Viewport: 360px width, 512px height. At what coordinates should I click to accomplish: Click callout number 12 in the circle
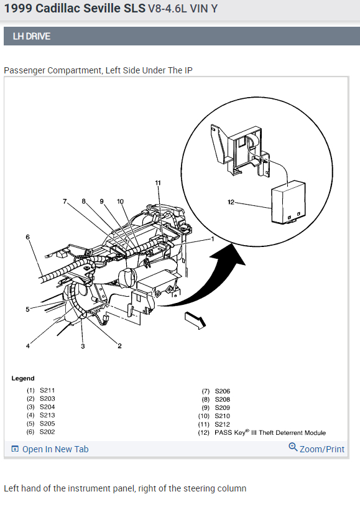(231, 202)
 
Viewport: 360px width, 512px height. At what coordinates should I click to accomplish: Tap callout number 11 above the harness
(158, 183)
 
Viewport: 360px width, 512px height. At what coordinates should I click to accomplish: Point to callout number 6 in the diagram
(28, 237)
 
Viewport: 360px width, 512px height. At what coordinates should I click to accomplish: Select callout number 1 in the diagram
(213, 239)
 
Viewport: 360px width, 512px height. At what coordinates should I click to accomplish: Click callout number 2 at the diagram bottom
(119, 346)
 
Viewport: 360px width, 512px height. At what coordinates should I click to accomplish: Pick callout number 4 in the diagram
(28, 346)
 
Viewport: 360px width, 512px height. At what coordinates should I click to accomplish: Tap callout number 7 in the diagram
(65, 202)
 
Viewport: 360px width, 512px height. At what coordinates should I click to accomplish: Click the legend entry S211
(47, 390)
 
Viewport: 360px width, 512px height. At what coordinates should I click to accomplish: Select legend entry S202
(47, 432)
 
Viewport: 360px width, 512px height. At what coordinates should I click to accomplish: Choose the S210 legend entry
(222, 416)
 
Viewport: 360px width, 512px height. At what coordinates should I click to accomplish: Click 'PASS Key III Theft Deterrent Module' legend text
(270, 432)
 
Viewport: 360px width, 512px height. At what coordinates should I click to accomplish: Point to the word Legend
(23, 378)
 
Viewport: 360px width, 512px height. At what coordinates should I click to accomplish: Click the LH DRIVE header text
(32, 36)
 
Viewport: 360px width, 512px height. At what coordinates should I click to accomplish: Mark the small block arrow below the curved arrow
(195, 320)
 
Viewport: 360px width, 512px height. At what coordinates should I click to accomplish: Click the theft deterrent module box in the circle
(288, 202)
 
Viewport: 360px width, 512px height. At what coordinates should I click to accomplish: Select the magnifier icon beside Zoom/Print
(293, 447)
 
